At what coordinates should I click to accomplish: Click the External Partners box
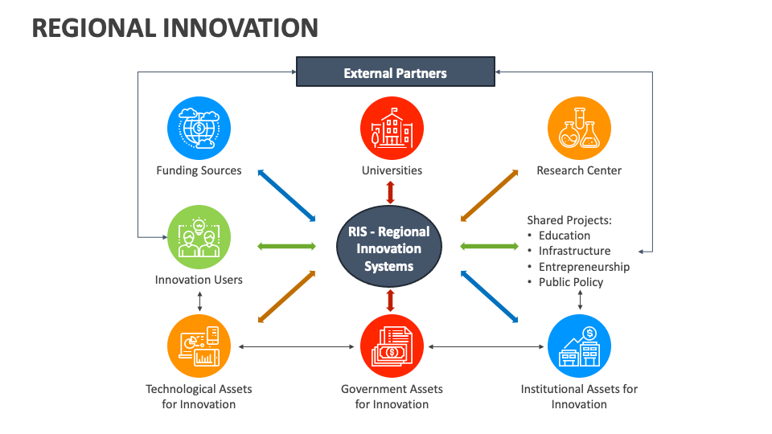coord(395,72)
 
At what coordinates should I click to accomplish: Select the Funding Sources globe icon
coord(199,129)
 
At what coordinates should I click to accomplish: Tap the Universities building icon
coord(392,129)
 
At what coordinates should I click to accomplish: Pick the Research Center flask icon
coord(579,129)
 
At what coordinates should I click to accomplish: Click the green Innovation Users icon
coord(199,237)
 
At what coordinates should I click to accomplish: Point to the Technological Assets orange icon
coord(199,346)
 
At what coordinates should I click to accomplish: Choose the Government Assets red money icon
coord(392,346)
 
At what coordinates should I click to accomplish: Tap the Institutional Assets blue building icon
coord(579,346)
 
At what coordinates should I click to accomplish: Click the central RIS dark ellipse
coord(389,248)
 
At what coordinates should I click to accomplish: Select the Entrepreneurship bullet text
coord(584,267)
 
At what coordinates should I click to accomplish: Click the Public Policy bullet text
coord(571,282)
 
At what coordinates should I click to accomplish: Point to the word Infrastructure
coord(574,251)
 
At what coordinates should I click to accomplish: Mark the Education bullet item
coord(565,235)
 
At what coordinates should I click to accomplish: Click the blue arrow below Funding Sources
coord(286,195)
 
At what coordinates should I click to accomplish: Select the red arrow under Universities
coord(391,192)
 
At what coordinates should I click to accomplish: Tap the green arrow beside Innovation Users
coord(286,246)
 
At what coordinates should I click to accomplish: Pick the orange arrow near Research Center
coord(490,194)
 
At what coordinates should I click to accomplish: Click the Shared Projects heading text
coord(569,219)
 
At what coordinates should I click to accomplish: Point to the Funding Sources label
coord(199,170)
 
